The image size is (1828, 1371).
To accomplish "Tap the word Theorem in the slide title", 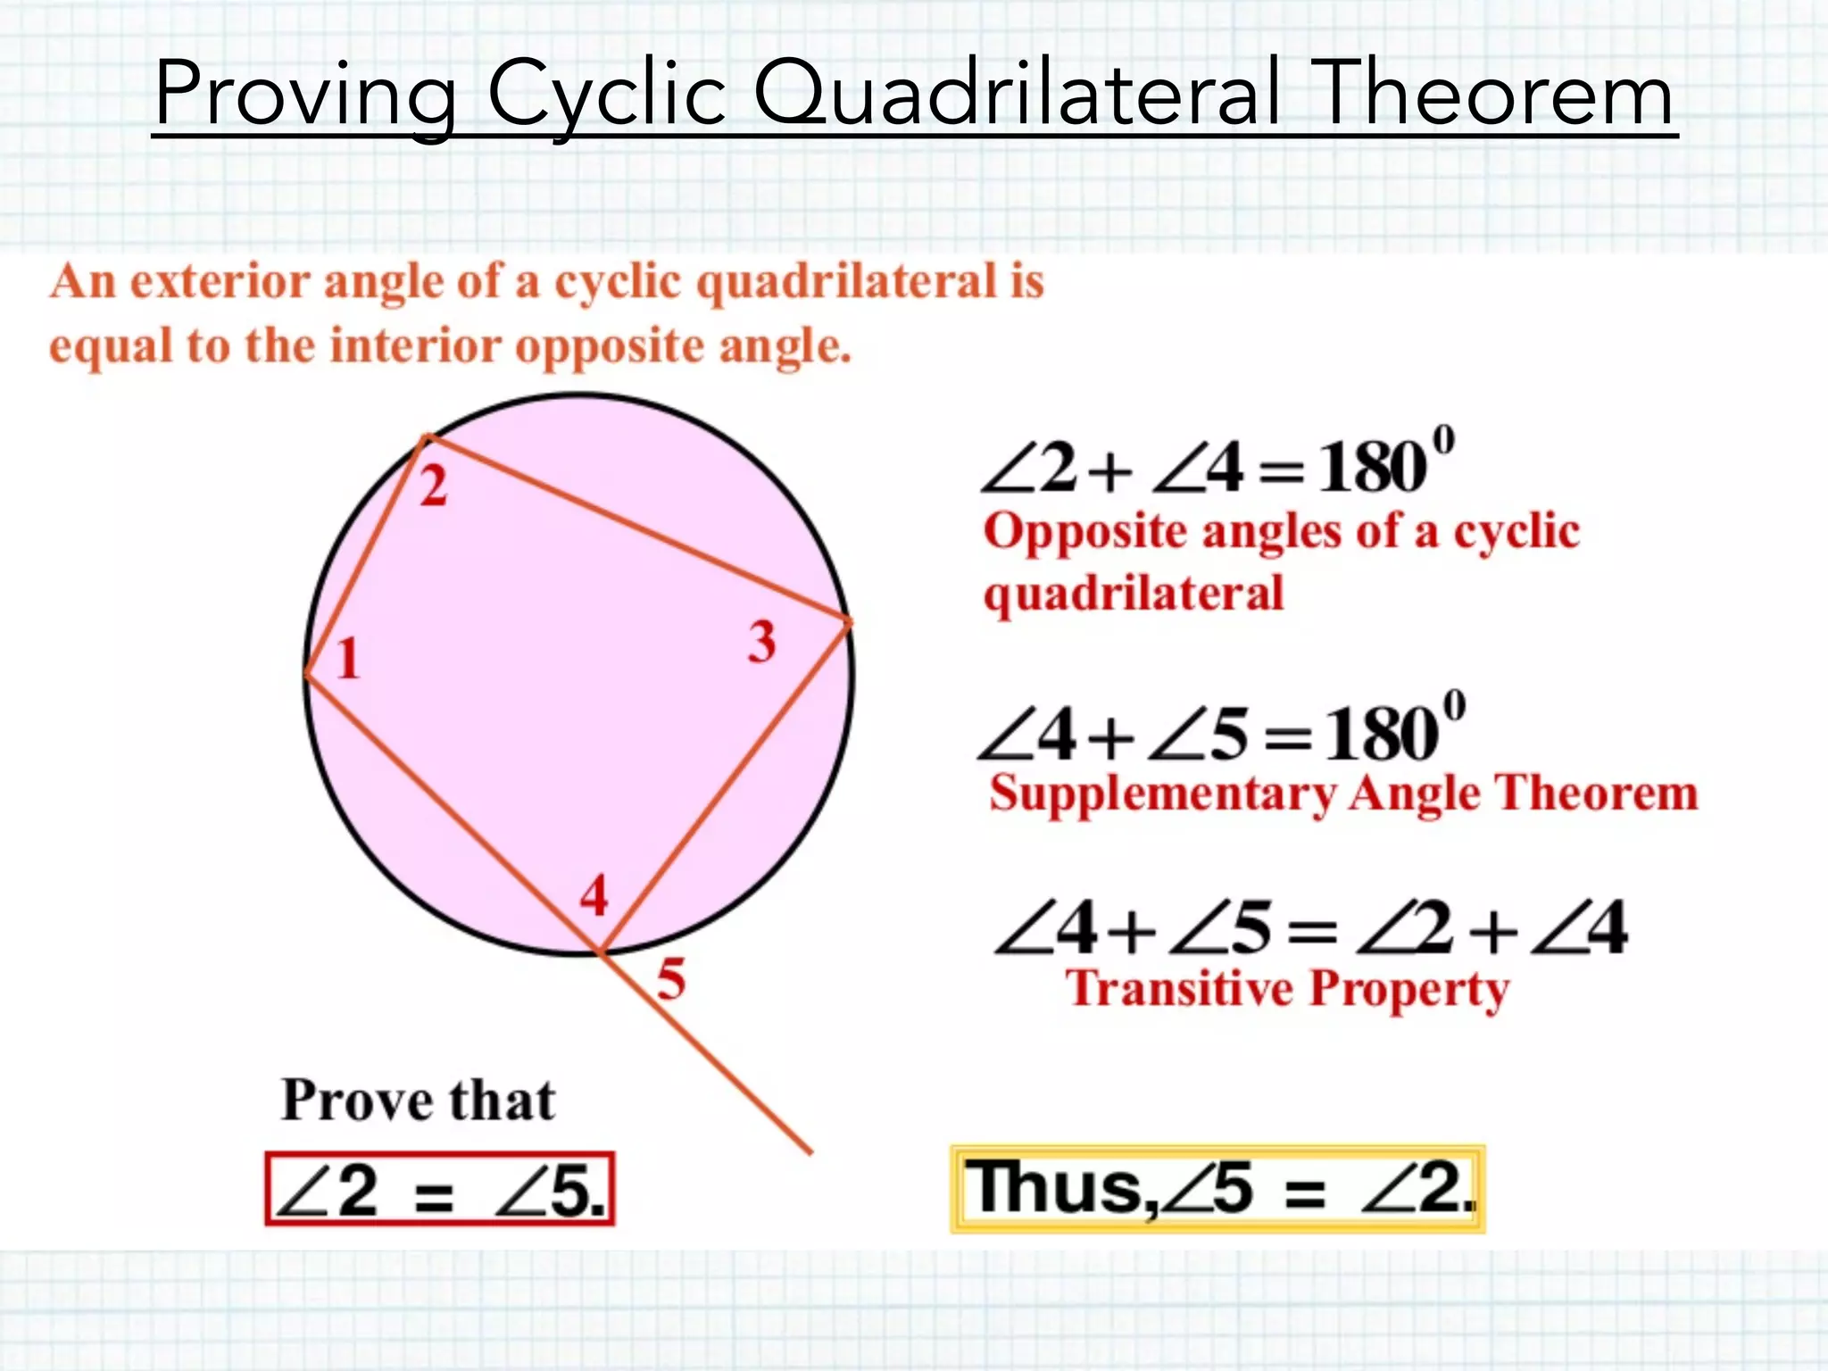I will (x=1496, y=93).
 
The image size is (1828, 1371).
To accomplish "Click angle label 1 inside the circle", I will (x=348, y=660).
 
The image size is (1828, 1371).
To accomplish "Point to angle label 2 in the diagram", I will (x=434, y=487).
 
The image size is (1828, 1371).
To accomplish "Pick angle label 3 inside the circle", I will (x=761, y=641).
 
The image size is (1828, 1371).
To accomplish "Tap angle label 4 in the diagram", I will (x=594, y=895).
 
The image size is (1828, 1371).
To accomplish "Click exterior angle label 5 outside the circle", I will (x=671, y=978).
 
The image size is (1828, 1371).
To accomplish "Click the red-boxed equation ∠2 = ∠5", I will (x=440, y=1189).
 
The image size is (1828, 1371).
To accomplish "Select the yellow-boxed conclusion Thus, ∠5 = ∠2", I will (x=1217, y=1189).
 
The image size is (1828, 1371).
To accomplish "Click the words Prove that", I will (x=418, y=1100).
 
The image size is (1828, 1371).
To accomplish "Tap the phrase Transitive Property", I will (x=1286, y=989).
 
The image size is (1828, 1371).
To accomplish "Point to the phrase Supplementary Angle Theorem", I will (x=1343, y=793).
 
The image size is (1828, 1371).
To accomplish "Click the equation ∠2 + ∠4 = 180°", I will (x=1217, y=465).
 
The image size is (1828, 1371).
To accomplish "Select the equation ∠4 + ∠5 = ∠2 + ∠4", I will (x=1310, y=928).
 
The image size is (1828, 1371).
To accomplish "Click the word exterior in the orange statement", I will (x=220, y=282).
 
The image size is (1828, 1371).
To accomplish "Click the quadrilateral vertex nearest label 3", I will (x=848, y=620).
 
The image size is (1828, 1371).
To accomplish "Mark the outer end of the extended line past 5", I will (x=810, y=1152).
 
